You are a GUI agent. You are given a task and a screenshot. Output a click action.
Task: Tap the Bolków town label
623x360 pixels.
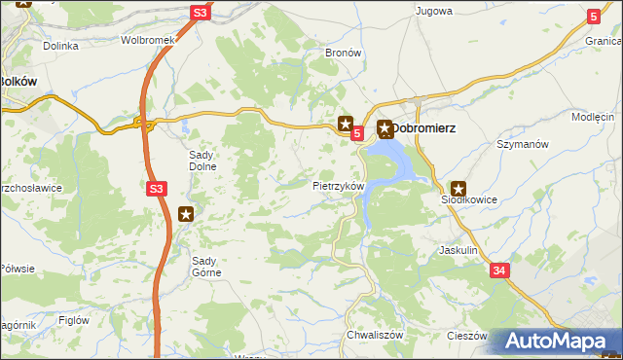[18, 82]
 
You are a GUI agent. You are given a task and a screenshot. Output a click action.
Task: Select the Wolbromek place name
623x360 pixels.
[146, 41]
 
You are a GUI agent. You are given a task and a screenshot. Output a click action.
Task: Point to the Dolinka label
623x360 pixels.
[59, 45]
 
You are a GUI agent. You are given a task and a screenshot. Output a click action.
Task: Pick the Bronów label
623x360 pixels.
[343, 53]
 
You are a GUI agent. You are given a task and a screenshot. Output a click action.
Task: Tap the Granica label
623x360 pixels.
[604, 56]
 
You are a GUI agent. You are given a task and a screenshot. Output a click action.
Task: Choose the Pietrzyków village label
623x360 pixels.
[338, 185]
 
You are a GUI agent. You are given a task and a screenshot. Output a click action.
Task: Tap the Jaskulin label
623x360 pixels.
[458, 250]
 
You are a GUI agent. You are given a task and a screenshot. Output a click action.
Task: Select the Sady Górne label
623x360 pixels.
[206, 266]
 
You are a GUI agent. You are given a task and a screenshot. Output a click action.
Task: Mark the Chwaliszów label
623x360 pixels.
[369, 335]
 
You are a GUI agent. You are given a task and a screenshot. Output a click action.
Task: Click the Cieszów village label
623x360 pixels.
[467, 335]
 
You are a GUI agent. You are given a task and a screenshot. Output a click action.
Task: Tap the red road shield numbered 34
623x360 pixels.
[498, 270]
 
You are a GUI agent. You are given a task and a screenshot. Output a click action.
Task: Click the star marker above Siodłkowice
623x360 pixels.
[458, 189]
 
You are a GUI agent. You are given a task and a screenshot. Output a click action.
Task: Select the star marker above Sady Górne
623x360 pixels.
[187, 214]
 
